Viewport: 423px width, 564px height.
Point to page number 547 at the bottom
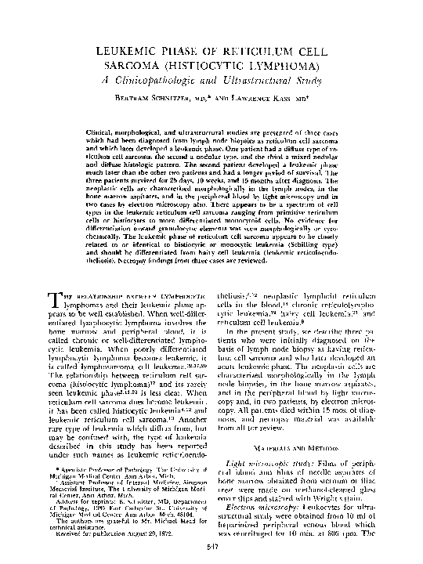tap(211, 548)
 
